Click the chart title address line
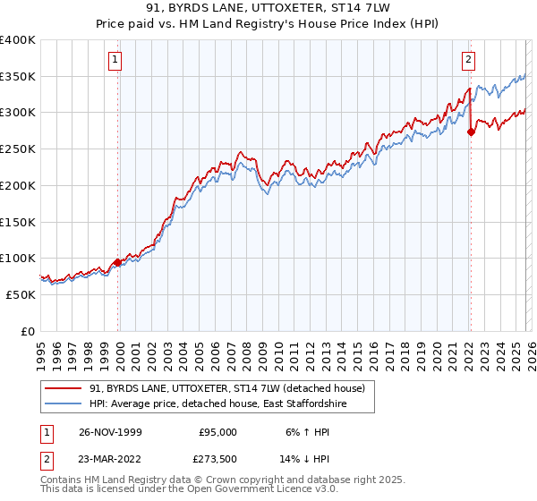click(x=268, y=8)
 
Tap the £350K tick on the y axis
click(x=18, y=77)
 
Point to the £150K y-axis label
click(x=18, y=222)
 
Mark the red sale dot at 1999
click(x=117, y=262)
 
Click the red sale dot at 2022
click(x=471, y=132)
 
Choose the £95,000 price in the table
click(x=217, y=431)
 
